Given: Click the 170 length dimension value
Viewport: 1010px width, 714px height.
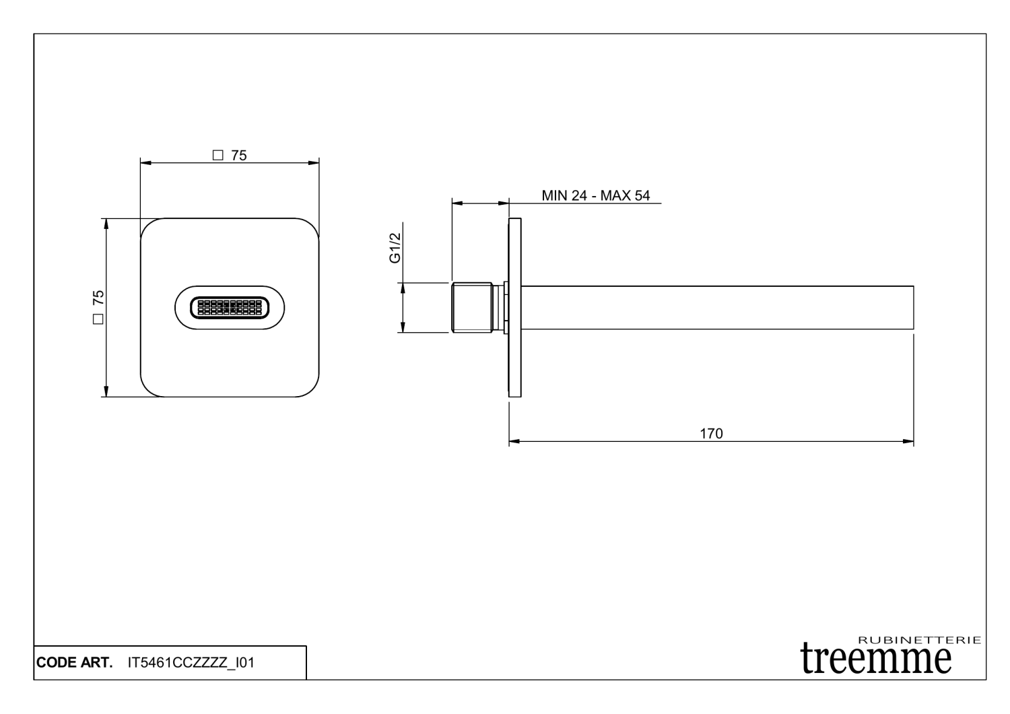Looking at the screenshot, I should click(x=711, y=433).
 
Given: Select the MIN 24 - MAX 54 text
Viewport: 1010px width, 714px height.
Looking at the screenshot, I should click(x=595, y=195).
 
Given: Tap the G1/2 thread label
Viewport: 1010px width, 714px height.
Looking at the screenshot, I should click(x=395, y=248).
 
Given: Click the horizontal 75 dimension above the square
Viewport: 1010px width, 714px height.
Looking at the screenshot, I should click(x=238, y=156).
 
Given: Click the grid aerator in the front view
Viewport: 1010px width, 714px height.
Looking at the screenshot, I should click(x=229, y=308).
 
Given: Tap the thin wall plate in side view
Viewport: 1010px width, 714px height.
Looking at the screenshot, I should click(x=514, y=308).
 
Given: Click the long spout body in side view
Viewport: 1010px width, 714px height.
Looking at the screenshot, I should click(x=714, y=308).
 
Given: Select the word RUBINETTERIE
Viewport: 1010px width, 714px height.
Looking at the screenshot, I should click(x=920, y=640).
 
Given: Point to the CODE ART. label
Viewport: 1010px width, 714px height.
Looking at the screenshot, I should click(x=74, y=663).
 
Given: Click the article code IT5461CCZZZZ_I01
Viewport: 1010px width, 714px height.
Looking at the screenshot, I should click(x=191, y=663).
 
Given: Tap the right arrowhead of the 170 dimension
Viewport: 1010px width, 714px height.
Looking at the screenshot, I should click(x=909, y=442).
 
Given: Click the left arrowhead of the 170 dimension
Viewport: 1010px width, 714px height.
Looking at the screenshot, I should click(x=513, y=442).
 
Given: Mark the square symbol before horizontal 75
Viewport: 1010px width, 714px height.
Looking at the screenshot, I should click(x=217, y=156).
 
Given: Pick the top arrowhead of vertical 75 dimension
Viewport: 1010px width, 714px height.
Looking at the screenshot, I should click(x=106, y=223).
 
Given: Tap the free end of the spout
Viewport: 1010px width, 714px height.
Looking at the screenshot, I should click(x=912, y=308).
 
